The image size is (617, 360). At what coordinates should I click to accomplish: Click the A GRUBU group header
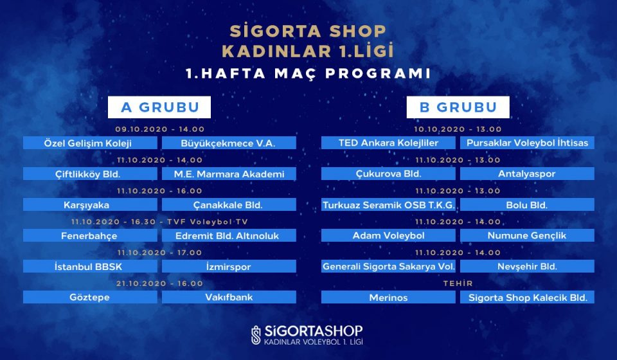tap(159, 107)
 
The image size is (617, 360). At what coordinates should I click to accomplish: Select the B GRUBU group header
tap(458, 107)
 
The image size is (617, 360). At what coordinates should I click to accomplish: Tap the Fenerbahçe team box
tap(90, 236)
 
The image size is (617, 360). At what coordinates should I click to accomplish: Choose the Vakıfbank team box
tap(229, 297)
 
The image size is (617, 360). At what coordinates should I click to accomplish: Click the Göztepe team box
tap(90, 297)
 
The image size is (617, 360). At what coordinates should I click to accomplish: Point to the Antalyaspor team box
tap(527, 174)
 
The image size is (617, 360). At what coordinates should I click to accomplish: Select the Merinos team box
tap(388, 297)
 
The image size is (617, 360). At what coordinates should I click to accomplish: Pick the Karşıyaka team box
tap(90, 204)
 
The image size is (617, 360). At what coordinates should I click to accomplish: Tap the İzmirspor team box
tap(229, 266)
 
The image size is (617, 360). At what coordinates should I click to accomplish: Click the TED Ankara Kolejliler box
tap(388, 143)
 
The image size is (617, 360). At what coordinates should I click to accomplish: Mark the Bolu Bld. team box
tap(527, 204)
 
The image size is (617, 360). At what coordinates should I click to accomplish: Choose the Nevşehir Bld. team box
tap(527, 266)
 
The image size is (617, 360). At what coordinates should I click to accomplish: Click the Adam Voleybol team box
tap(388, 236)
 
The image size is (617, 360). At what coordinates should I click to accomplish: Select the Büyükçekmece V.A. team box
tap(229, 143)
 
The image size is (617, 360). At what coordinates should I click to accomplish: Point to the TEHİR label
tap(458, 283)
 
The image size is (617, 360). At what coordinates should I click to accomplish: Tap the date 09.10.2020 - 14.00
tap(160, 129)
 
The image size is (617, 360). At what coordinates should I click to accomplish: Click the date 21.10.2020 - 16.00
tap(160, 283)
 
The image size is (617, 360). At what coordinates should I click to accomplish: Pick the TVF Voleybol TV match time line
tap(160, 222)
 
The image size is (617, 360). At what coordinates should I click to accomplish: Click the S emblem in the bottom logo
tap(256, 335)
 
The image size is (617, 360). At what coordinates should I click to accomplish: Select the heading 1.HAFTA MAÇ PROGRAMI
tap(308, 73)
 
